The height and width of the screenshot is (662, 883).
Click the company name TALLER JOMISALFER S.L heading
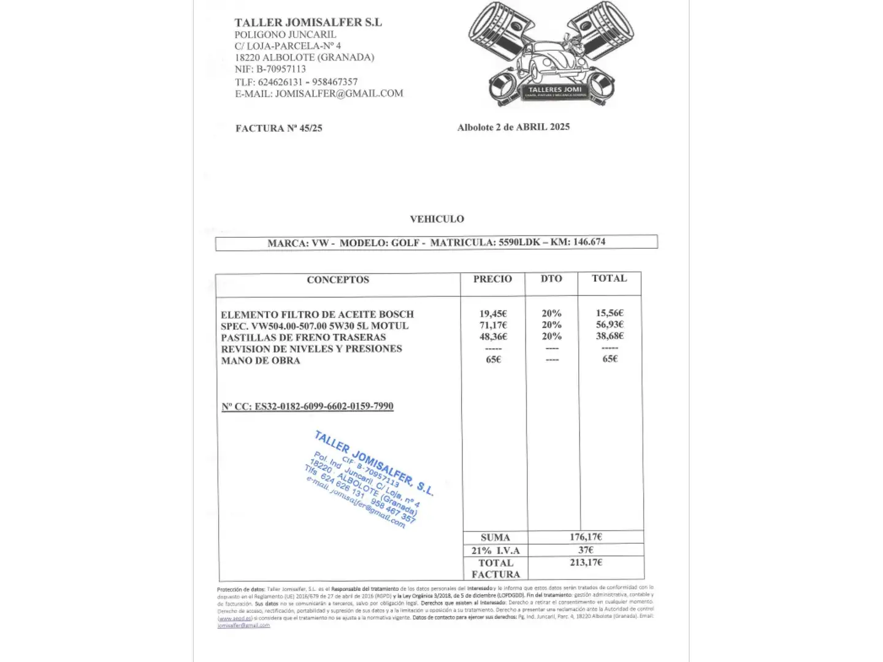tap(308, 22)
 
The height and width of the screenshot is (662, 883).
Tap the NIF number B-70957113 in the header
tap(281, 69)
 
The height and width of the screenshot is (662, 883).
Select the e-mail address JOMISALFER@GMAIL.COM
tap(339, 94)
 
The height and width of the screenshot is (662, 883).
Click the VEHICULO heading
tap(437, 219)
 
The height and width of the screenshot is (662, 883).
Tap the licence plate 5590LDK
tap(519, 242)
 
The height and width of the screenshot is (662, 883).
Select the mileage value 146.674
tap(589, 242)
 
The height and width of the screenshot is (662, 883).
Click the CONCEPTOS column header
tap(338, 280)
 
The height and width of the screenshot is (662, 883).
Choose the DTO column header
tap(551, 278)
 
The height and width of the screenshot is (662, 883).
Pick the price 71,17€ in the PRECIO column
tap(493, 325)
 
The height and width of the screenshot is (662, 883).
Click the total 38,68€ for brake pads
tap(610, 336)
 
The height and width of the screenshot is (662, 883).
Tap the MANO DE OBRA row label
tap(261, 360)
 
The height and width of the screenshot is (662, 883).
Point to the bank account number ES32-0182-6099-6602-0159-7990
tap(324, 406)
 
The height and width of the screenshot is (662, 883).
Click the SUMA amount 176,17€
tap(586, 537)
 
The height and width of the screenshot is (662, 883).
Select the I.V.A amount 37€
tap(586, 550)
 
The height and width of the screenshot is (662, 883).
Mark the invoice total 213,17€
tap(586, 562)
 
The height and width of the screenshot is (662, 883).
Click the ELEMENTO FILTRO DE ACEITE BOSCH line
tap(317, 314)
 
